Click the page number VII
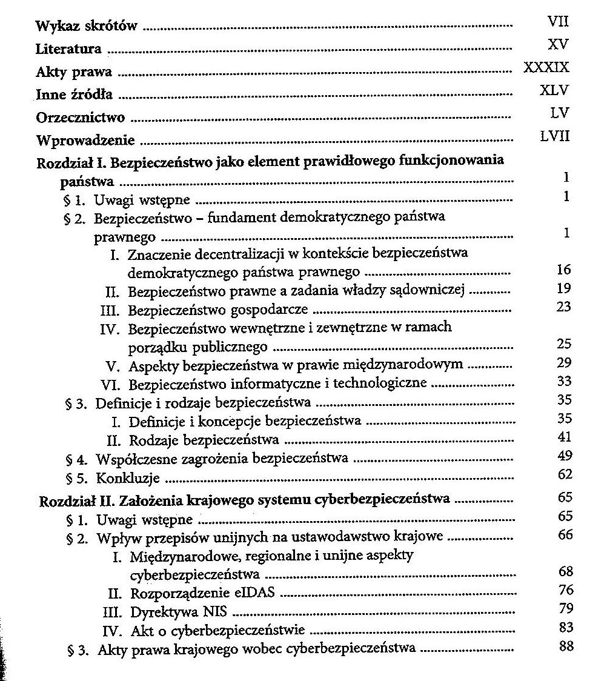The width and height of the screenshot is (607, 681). tap(557, 23)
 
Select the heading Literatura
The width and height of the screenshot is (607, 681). tap(68, 48)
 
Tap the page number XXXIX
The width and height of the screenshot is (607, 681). tap(546, 67)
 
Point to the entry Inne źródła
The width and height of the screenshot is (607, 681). tap(74, 95)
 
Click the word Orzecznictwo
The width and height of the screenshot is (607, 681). tap(81, 118)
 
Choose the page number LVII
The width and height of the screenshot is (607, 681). tap(555, 137)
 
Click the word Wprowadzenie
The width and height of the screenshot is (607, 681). tap(85, 141)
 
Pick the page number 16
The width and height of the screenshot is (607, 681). tap(563, 270)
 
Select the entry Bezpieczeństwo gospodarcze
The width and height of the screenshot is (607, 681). tap(219, 310)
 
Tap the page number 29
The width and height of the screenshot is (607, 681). tap(563, 362)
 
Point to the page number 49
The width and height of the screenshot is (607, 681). tap(564, 455)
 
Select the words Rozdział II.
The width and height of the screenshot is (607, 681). tap(75, 500)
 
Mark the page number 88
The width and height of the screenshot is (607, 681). tap(566, 646)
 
